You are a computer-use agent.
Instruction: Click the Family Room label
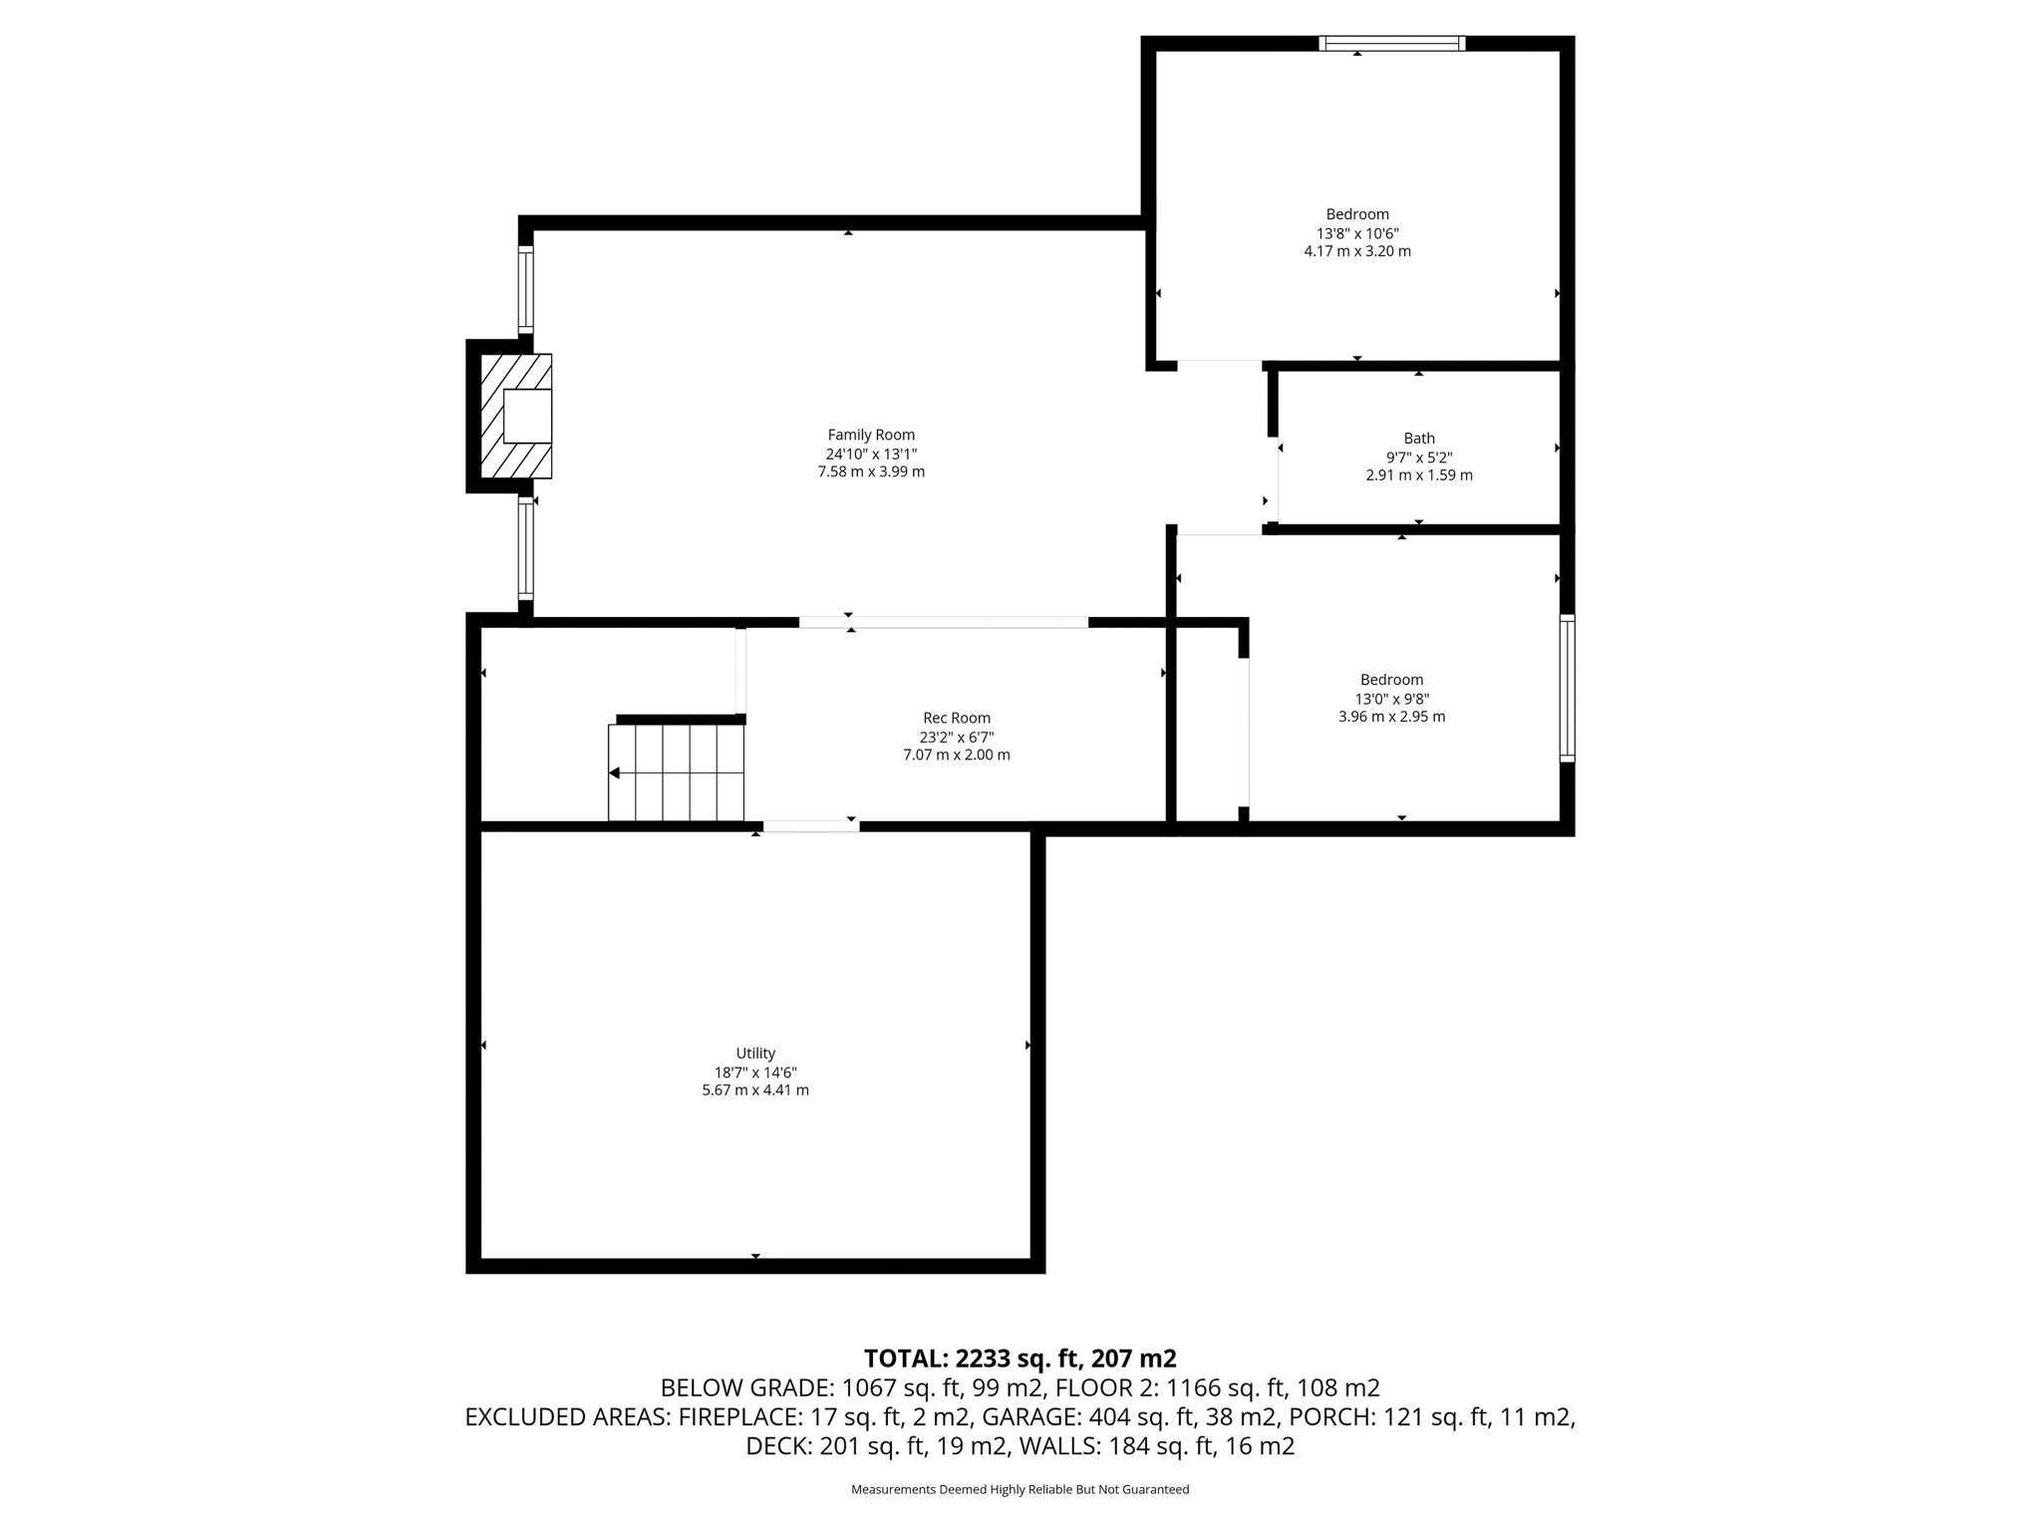(871, 435)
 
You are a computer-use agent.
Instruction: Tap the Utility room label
(755, 1054)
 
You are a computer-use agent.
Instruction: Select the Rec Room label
(957, 718)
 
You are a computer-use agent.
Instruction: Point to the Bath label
(1419, 438)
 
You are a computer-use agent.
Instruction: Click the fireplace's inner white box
(527, 416)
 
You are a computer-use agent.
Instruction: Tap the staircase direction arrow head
(615, 772)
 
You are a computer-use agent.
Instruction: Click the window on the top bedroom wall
(1392, 43)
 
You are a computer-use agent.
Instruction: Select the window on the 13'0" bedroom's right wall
(1567, 688)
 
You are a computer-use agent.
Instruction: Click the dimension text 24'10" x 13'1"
(871, 454)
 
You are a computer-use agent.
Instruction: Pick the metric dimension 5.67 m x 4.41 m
(755, 1090)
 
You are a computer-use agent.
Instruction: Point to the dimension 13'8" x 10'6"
(1357, 233)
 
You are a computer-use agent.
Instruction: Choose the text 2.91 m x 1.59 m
(1419, 475)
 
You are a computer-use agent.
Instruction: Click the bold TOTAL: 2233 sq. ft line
(1020, 1359)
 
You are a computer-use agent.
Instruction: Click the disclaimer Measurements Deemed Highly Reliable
(1020, 1489)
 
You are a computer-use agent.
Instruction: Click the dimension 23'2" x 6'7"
(957, 738)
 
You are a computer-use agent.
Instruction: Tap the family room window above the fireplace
(525, 289)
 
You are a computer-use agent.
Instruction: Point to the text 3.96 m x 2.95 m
(1391, 717)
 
